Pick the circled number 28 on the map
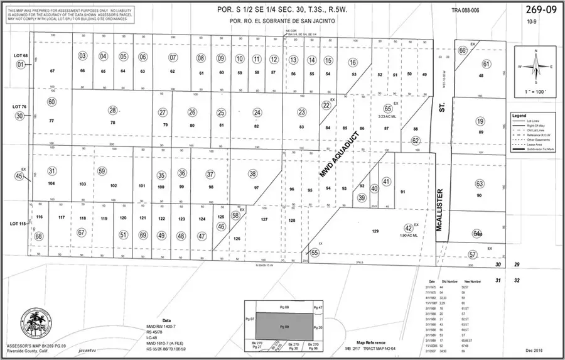pyautogui.click(x=112, y=111)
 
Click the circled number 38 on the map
pyautogui.click(x=252, y=173)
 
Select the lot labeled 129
pyautogui.click(x=375, y=231)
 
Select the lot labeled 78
pyautogui.click(x=113, y=123)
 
